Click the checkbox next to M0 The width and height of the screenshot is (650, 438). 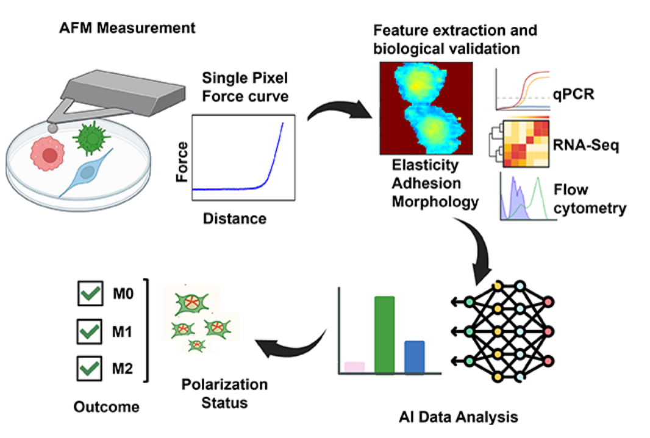91,295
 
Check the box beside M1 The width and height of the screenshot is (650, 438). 91,332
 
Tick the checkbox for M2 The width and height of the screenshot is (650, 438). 91,368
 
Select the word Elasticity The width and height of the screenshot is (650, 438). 426,166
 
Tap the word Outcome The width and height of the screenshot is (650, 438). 106,406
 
